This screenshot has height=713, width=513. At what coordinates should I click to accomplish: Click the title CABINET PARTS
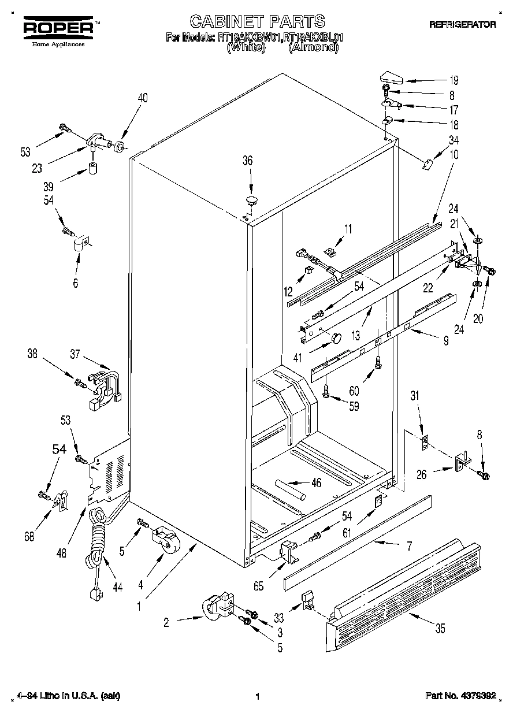coord(257,22)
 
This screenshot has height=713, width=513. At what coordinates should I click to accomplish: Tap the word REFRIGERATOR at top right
coord(462,24)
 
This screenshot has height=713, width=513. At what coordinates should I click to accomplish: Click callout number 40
coord(142,98)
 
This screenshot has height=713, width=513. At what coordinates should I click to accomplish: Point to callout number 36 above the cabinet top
coord(247,161)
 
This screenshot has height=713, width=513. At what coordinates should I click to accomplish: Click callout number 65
coord(258,585)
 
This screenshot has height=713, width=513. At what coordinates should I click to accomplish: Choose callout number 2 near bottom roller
coord(166,622)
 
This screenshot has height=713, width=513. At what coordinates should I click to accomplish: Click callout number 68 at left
coord(29,536)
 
